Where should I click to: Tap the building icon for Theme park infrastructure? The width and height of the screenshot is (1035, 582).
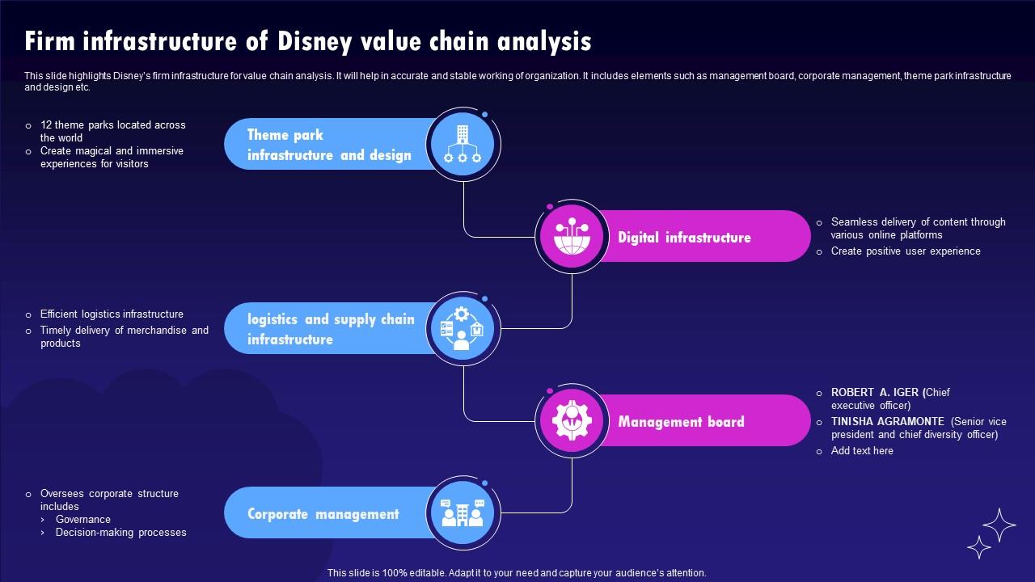463,145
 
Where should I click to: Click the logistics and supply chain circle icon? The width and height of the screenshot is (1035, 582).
463,329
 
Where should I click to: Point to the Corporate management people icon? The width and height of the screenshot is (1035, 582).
463,513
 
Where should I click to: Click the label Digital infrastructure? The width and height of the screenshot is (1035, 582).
684,238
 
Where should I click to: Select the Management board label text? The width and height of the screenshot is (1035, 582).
681,422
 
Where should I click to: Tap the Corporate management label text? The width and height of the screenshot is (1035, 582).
323,514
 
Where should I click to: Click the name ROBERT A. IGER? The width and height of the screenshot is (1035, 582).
875,393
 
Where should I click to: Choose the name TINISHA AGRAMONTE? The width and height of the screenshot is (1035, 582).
887,422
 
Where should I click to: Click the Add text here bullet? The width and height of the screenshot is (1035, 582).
862,451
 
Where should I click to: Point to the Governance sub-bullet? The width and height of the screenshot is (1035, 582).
82,520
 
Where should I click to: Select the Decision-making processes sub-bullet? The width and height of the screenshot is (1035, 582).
120,533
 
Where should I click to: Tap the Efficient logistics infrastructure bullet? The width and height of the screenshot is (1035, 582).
112,314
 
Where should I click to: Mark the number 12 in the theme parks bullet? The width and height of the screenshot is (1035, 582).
46,125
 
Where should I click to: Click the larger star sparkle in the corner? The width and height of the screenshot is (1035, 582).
999,525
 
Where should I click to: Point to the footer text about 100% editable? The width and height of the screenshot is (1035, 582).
517,573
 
